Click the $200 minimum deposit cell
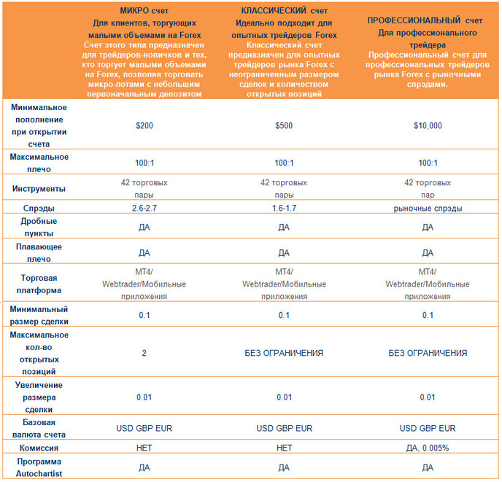click(x=144, y=125)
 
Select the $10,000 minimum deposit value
click(x=428, y=125)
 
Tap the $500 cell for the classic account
click(x=284, y=125)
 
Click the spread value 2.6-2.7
click(x=144, y=208)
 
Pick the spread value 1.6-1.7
click(x=284, y=208)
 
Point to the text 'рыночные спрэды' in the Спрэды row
click(x=428, y=209)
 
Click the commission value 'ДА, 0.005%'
click(x=428, y=448)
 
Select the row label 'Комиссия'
click(x=39, y=448)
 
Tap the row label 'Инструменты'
click(x=39, y=189)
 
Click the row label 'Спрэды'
click(x=39, y=209)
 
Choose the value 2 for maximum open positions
click(x=144, y=353)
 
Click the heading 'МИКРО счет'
click(x=144, y=10)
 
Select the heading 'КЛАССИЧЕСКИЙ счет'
click(x=284, y=10)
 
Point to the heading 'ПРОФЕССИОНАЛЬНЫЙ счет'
click(x=425, y=20)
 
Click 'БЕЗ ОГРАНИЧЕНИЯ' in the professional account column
click(x=428, y=353)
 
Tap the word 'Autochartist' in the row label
click(x=39, y=474)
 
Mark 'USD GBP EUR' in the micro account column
click(x=144, y=428)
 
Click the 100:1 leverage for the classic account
click(x=284, y=163)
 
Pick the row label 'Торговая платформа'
click(x=39, y=284)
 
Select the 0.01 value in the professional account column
click(x=428, y=397)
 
